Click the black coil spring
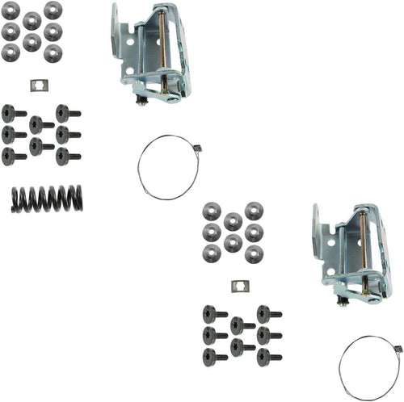tap(48, 199)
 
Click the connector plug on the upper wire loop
tap(196, 147)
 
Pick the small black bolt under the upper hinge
tap(143, 100)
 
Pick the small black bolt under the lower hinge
tap(344, 301)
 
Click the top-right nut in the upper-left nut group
tap(53, 10)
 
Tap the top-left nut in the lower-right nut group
tap(212, 211)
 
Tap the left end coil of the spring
tap(17, 199)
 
